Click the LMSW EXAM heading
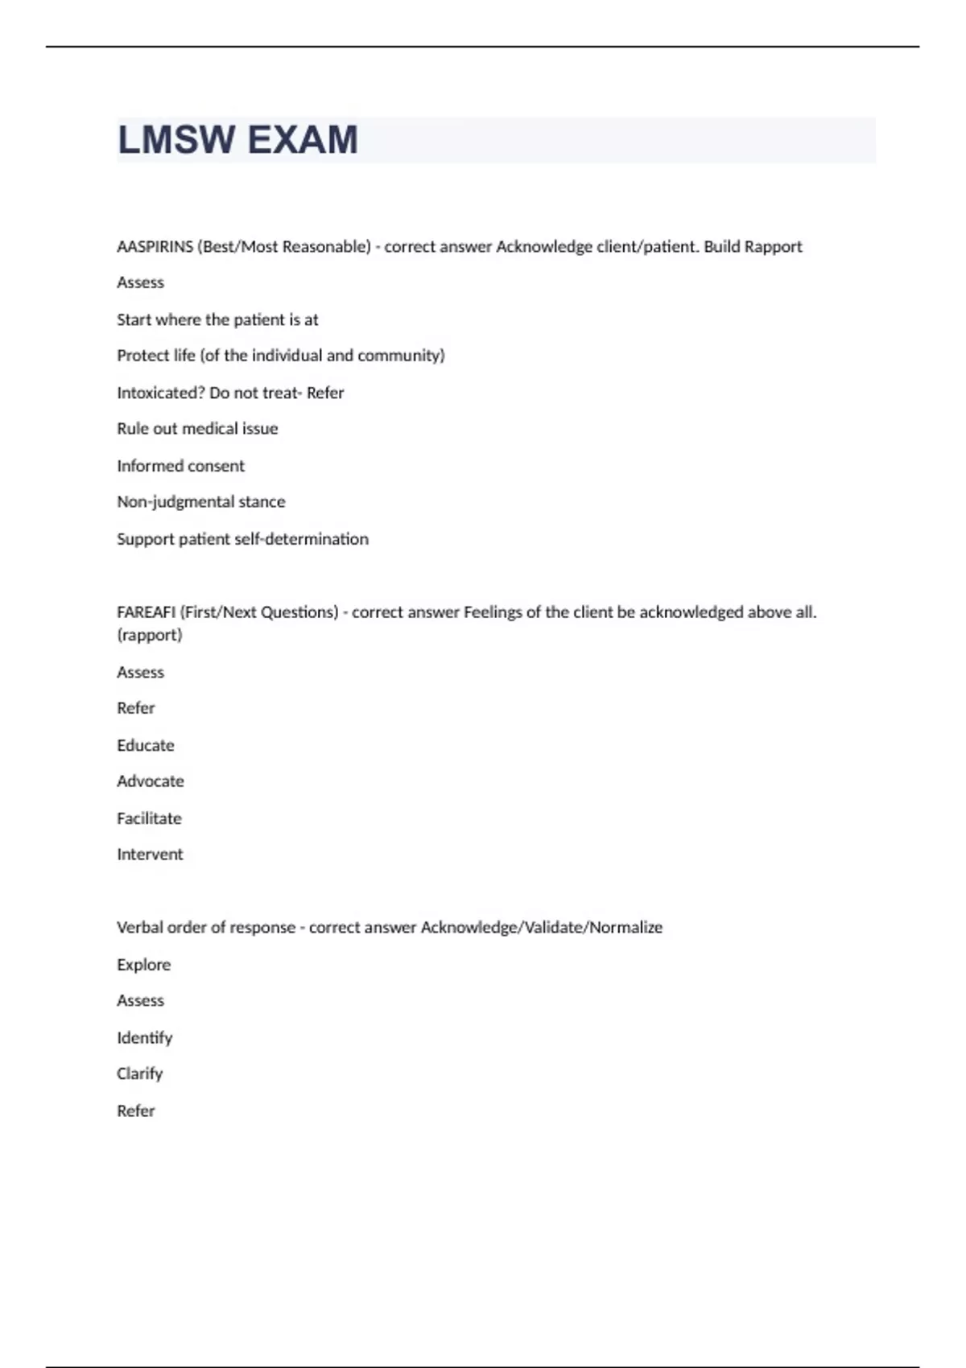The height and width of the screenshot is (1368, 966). (x=237, y=140)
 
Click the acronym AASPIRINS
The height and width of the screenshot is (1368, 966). (x=155, y=247)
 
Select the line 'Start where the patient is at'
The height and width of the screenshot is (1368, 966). (x=217, y=319)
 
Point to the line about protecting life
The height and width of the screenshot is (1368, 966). (x=280, y=356)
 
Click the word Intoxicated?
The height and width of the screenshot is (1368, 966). (x=159, y=393)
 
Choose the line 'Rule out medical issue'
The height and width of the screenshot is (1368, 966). (x=197, y=429)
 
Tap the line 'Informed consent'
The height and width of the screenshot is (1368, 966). (x=180, y=466)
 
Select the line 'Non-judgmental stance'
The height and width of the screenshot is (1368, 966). (x=200, y=502)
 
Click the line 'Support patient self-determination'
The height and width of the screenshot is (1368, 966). (x=242, y=539)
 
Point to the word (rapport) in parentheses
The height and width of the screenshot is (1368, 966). (x=150, y=635)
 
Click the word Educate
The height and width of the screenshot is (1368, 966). (x=145, y=745)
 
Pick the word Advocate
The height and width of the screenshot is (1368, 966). (x=150, y=781)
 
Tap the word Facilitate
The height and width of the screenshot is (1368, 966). (x=149, y=818)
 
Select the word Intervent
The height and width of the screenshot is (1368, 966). (x=150, y=855)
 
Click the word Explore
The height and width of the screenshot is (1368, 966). (x=143, y=965)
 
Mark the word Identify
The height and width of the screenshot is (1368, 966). (x=144, y=1038)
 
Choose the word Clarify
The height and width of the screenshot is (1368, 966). (x=139, y=1074)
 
